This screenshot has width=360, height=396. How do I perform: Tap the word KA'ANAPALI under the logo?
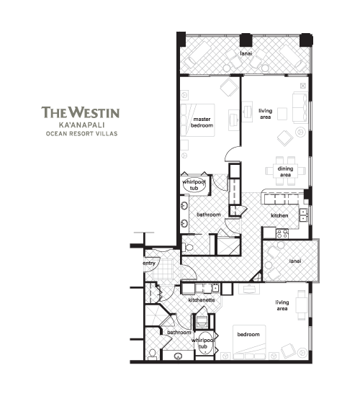(x=81, y=125)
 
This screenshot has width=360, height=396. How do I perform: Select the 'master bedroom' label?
(x=202, y=122)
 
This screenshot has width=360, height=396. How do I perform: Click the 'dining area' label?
(x=285, y=171)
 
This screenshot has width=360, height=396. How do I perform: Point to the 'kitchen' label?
(x=279, y=215)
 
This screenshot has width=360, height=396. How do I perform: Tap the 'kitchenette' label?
(x=202, y=300)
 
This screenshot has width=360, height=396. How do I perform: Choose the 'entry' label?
(x=149, y=264)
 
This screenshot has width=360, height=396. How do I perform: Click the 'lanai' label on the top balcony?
(x=246, y=53)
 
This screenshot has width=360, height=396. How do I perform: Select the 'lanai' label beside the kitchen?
(x=294, y=261)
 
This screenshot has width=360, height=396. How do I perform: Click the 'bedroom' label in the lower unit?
(x=248, y=334)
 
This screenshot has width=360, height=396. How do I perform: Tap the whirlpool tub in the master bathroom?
(x=194, y=185)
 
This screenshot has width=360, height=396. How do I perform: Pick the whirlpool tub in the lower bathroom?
(x=204, y=343)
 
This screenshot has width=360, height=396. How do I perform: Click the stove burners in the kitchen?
(x=282, y=233)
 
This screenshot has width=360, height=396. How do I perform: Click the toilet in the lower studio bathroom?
(x=153, y=354)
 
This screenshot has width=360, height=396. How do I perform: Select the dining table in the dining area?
(x=285, y=171)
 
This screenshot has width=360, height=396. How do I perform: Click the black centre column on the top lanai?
(x=246, y=40)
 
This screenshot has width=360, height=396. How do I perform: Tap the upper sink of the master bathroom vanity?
(x=184, y=205)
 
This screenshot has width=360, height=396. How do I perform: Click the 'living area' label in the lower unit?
(x=282, y=305)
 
